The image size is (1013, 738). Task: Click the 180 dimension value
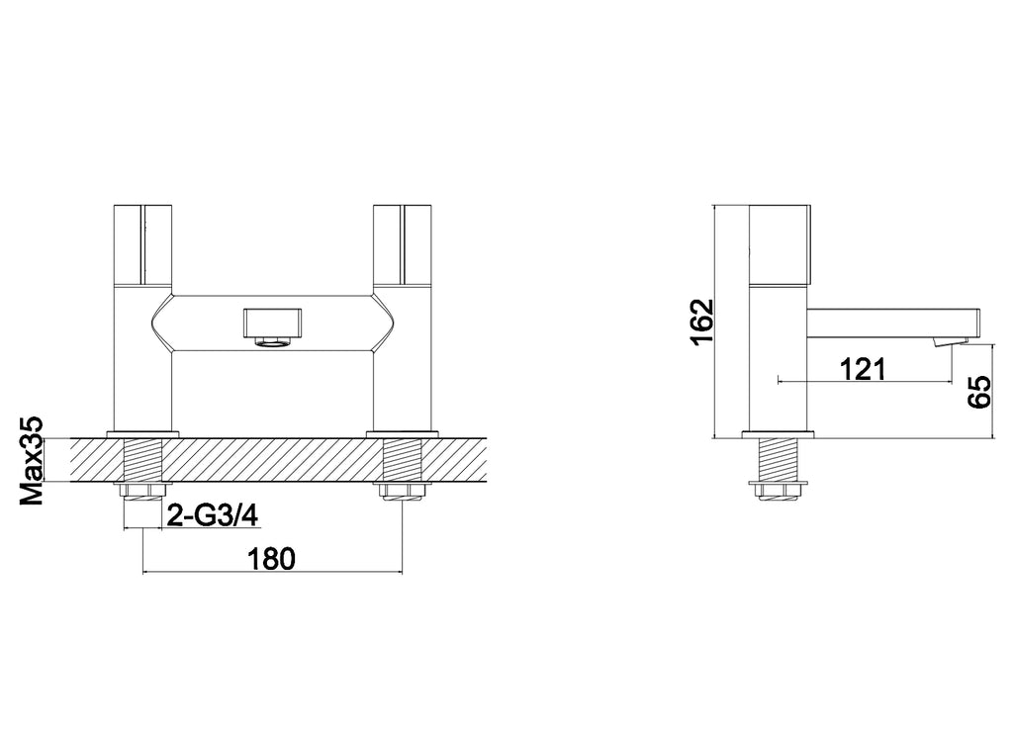[x=270, y=559]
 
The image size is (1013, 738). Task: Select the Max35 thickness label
[x=35, y=461]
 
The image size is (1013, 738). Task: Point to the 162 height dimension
[x=700, y=322]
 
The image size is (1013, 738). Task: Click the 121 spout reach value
[x=862, y=369]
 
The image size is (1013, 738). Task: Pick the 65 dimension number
[x=978, y=391]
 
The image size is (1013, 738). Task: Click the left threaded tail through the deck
[x=144, y=460]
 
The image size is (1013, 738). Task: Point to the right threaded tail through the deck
[x=403, y=460]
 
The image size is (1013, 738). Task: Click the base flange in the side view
[x=780, y=433]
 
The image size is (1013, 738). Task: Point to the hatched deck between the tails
[x=272, y=460]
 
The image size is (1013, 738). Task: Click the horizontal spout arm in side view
[x=890, y=322]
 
